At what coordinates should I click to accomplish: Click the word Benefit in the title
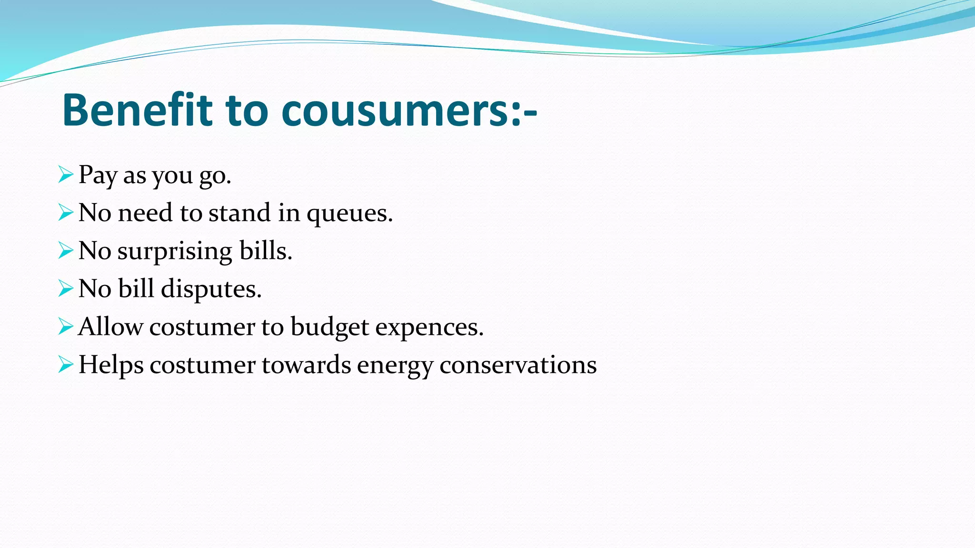tap(137, 110)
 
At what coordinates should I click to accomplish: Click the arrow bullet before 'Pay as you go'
tap(66, 175)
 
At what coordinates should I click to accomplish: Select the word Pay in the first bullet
tap(98, 175)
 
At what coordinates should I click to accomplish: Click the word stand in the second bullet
tap(239, 213)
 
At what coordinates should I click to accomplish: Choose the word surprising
tap(175, 251)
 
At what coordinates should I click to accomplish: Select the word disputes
tap(211, 289)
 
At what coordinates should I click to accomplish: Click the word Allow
tap(110, 327)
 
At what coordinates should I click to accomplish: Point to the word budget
tap(329, 327)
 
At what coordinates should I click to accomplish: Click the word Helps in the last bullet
tap(110, 365)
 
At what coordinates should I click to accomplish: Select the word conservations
tap(518, 365)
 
